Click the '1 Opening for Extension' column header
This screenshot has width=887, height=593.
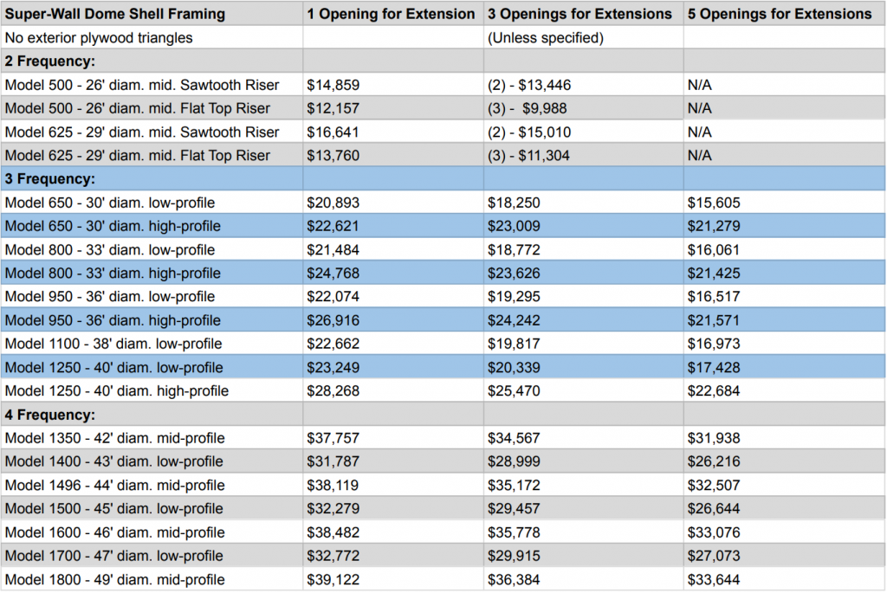[391, 14]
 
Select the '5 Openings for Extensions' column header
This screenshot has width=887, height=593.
[780, 14]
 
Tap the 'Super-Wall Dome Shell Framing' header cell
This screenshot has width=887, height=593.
[115, 14]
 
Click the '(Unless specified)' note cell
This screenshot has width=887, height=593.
[546, 38]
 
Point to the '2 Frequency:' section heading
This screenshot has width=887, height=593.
[49, 61]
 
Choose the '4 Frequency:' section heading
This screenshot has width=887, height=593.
[49, 415]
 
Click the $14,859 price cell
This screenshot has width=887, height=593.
[333, 85]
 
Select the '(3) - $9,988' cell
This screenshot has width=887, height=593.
[528, 108]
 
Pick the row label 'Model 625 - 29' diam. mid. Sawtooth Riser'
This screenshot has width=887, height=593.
[142, 132]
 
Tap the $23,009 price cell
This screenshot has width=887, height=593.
[514, 226]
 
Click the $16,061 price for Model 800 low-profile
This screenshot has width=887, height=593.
[714, 250]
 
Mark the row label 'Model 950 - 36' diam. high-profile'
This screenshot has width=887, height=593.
[113, 320]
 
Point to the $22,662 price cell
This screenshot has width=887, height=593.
[333, 344]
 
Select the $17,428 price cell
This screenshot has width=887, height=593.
[714, 367]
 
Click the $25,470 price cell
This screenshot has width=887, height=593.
[514, 391]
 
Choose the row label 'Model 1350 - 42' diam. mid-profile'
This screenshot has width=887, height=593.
[115, 438]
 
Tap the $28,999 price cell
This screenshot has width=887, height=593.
[514, 462]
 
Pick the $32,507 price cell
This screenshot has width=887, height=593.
[714, 486]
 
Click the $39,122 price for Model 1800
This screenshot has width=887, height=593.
[333, 580]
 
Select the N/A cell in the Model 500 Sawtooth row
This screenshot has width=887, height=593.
[700, 85]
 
